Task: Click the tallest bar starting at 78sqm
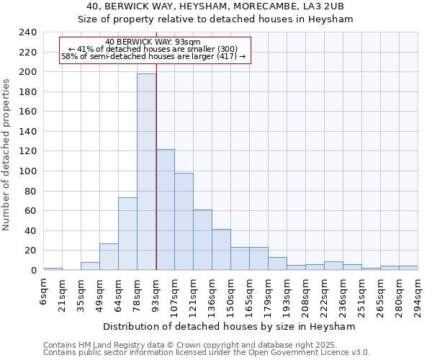(x=146, y=171)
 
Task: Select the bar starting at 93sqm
(x=165, y=210)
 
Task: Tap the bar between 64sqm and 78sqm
(x=127, y=233)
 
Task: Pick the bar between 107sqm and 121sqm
(x=184, y=221)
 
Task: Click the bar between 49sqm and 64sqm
(x=109, y=256)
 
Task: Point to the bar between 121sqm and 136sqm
(x=202, y=240)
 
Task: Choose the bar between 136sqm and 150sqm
(x=221, y=249)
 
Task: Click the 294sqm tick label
(x=418, y=292)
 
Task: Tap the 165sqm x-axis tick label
(x=250, y=292)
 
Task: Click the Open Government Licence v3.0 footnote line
(x=207, y=352)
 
